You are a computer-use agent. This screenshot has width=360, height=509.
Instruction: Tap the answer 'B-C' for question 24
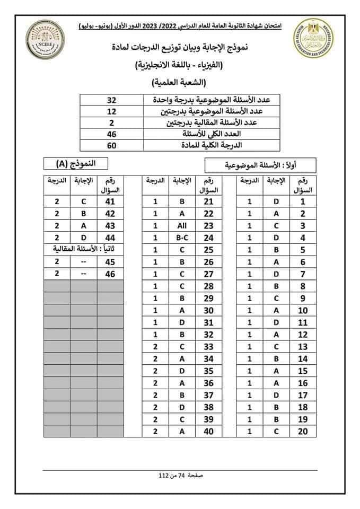(x=182, y=238)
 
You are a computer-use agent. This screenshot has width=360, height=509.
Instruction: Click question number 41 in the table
(x=110, y=201)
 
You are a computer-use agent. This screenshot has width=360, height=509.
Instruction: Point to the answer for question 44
(x=83, y=238)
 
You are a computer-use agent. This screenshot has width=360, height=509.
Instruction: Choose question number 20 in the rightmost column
(x=303, y=432)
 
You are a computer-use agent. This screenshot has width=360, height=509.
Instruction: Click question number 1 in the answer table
(x=303, y=201)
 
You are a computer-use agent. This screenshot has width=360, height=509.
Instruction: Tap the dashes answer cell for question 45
(x=83, y=262)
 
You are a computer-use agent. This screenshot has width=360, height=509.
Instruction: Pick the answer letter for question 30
(x=182, y=311)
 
